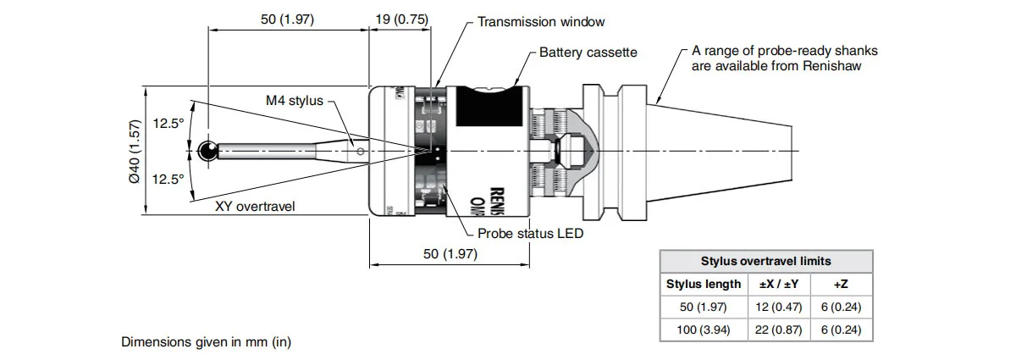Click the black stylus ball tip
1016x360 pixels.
click(206, 152)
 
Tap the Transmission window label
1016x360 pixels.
click(541, 22)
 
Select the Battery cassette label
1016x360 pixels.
click(588, 53)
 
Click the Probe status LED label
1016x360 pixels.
click(530, 232)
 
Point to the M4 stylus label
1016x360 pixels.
click(294, 100)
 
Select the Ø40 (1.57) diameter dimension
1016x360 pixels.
click(134, 151)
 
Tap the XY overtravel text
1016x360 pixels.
click(255, 206)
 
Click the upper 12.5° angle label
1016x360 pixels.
click(168, 124)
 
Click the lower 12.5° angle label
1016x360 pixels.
click(168, 180)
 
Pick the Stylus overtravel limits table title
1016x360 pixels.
click(766, 261)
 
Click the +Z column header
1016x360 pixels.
click(841, 284)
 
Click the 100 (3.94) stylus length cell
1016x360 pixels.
click(704, 330)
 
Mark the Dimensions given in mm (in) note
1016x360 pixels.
click(207, 342)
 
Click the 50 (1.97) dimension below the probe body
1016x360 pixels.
click(450, 253)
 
